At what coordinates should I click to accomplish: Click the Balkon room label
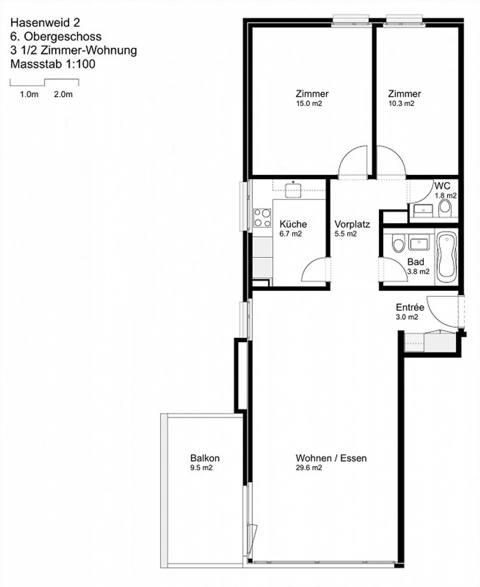pos(205,458)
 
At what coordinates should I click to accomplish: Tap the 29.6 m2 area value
pos(309,468)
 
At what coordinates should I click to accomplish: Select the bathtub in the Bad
pos(446,256)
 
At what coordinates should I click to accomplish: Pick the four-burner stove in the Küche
pos(262,218)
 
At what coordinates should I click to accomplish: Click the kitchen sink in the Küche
pos(293,190)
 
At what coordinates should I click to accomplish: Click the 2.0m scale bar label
pos(63,94)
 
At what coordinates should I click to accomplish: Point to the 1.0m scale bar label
pos(29,94)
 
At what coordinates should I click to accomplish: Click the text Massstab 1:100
pos(53,64)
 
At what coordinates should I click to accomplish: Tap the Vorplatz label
pos(352,224)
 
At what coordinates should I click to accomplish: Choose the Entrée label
pos(410,307)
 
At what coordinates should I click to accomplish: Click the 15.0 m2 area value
pos(309,103)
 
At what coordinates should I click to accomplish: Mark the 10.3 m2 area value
pos(401,103)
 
